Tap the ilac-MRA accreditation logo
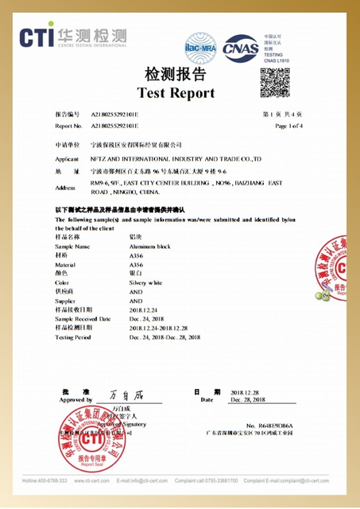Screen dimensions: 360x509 pos(200,46)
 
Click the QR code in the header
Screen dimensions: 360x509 pos(275,82)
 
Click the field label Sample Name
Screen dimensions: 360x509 pos(72,247)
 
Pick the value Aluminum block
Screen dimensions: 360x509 pos(150,247)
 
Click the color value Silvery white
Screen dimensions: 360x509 pos(145,282)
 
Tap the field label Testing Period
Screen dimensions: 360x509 pos(74,337)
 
